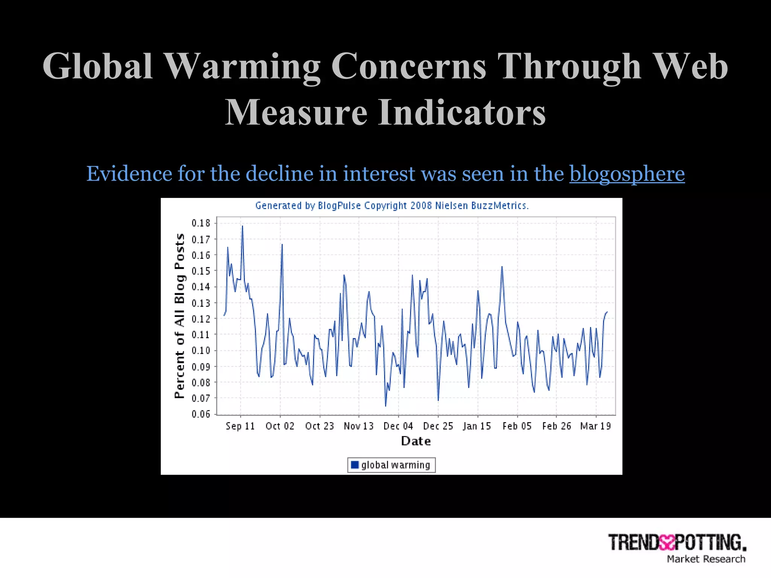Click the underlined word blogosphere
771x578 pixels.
(x=627, y=174)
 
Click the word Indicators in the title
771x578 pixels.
(x=462, y=112)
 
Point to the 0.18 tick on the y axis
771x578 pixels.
(x=201, y=223)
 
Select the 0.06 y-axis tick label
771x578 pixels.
(x=201, y=414)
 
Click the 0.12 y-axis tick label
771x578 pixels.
(x=201, y=319)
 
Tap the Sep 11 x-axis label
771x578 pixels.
(x=240, y=426)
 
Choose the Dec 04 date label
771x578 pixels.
(x=398, y=426)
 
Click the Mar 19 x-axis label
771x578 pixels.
(x=596, y=426)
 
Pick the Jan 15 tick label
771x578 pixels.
(x=477, y=426)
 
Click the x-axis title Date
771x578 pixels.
(x=416, y=441)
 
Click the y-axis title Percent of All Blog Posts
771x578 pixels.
(x=180, y=316)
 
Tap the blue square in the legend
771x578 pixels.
(x=354, y=465)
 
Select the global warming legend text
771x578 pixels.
(x=395, y=465)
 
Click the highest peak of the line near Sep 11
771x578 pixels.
(x=242, y=226)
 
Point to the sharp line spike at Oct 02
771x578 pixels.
(x=282, y=245)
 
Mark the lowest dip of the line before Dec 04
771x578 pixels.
(x=385, y=406)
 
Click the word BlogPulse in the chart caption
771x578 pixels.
(x=339, y=206)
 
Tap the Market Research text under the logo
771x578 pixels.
(x=706, y=559)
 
